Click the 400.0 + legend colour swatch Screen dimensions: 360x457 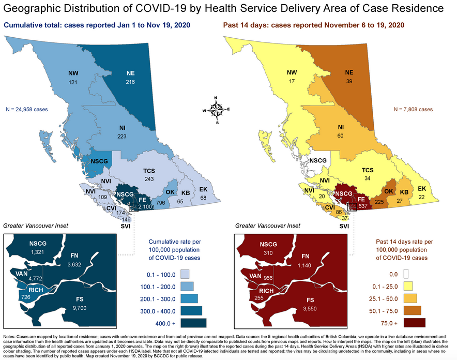(193, 323)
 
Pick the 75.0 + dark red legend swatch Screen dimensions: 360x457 (415, 323)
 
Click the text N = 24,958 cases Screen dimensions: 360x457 (27, 109)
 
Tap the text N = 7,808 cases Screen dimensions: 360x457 (413, 109)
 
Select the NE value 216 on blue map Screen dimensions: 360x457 (130, 82)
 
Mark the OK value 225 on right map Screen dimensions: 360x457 (380, 202)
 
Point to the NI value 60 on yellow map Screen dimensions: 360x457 (341, 136)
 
